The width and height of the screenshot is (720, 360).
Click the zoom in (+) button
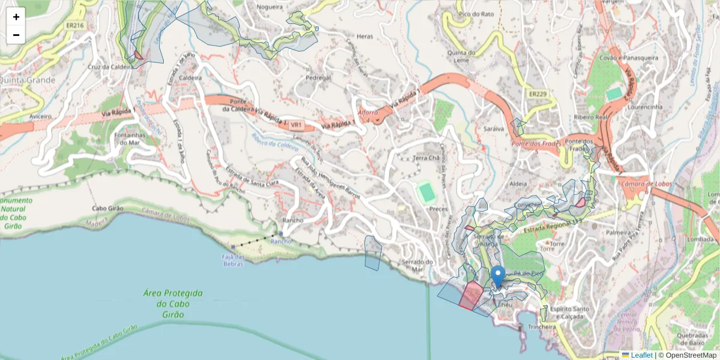(x=16, y=17)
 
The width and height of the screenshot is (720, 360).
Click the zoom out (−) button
(x=16, y=35)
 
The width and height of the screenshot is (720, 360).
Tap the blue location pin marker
(x=497, y=278)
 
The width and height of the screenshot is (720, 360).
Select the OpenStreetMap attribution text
(x=691, y=355)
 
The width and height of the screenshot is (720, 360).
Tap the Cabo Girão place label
(x=107, y=209)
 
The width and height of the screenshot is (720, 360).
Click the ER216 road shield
(x=75, y=26)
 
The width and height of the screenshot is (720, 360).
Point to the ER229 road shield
(x=538, y=94)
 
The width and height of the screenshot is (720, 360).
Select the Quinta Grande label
(x=28, y=80)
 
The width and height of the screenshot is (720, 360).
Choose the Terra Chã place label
(x=427, y=158)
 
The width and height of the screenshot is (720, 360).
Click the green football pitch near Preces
(x=427, y=193)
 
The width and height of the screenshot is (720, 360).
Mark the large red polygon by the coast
(x=470, y=295)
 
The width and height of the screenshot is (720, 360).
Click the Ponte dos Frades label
(x=536, y=144)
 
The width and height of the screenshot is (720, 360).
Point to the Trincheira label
(x=542, y=327)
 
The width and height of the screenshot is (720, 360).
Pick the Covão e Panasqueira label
(x=628, y=58)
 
